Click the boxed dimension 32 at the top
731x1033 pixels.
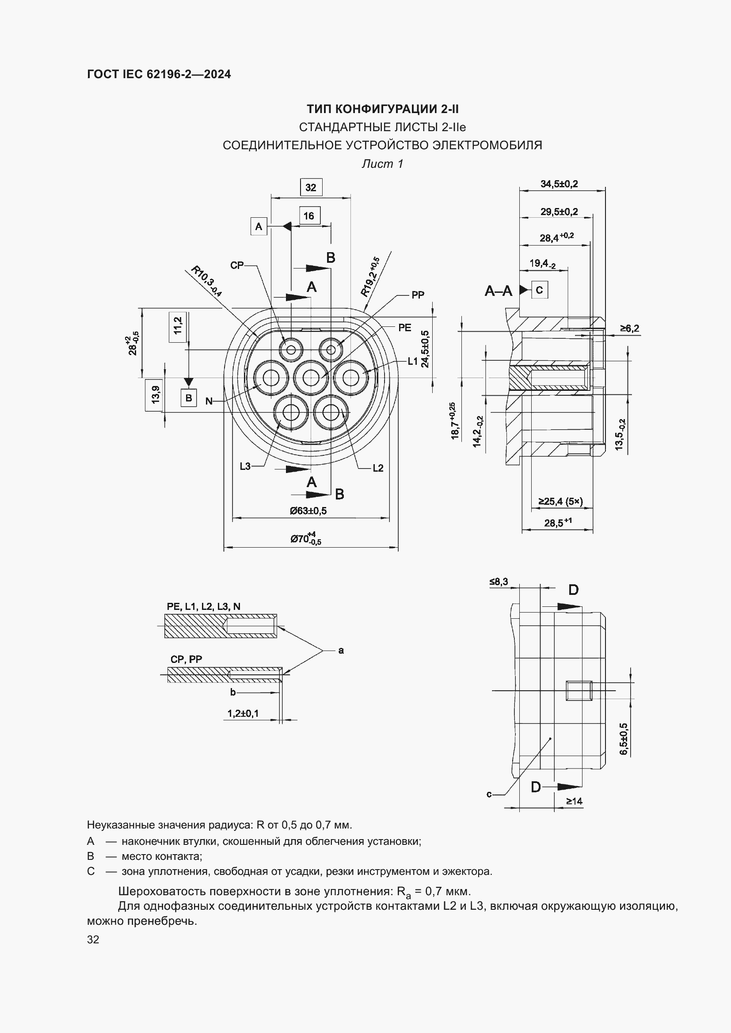[x=311, y=187]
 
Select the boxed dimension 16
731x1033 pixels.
[x=309, y=216]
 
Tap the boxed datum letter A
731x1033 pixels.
[x=259, y=226]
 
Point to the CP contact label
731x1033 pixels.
[x=237, y=265]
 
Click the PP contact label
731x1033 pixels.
[x=418, y=295]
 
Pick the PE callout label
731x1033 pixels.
[x=405, y=328]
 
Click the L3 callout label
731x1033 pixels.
[x=245, y=466]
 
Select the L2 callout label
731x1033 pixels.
[x=377, y=468]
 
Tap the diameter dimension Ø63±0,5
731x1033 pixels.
[x=308, y=511]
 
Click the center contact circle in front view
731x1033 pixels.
[x=311, y=378]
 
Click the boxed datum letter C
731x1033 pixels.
[x=539, y=290]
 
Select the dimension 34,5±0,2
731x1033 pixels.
[x=559, y=184]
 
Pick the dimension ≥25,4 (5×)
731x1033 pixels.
[x=560, y=501]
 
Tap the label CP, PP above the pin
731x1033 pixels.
[x=186, y=659]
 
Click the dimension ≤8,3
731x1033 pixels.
[x=499, y=582]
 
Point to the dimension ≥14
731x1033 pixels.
[x=574, y=801]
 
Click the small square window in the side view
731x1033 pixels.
[x=579, y=691]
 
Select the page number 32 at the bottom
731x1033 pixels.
[x=93, y=939]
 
